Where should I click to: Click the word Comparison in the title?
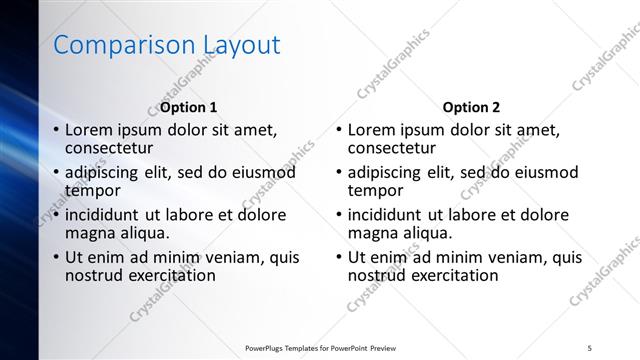tap(110, 45)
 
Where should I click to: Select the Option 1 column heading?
tap(188, 107)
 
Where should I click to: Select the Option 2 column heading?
tap(471, 107)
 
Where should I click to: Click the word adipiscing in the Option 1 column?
tap(105, 172)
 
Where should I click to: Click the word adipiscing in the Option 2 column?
tap(388, 172)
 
